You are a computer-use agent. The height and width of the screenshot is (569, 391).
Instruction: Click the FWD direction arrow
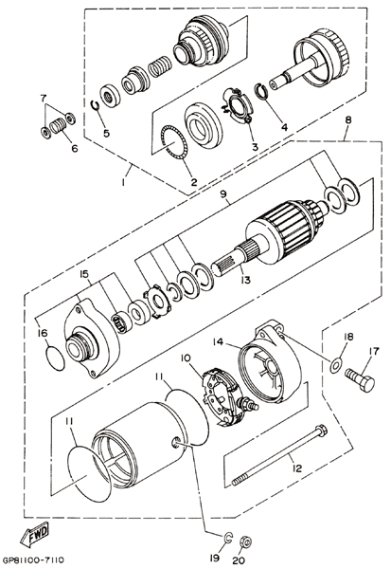pyautogui.click(x=34, y=534)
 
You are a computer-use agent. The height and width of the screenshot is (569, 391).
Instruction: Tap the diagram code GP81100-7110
pyautogui.click(x=36, y=560)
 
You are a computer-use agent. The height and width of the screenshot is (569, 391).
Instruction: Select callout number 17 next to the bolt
pyautogui.click(x=374, y=351)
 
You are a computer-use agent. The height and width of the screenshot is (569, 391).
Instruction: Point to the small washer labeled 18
pyautogui.click(x=335, y=364)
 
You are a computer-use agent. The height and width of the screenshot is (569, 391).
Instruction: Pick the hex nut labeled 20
pyautogui.click(x=246, y=542)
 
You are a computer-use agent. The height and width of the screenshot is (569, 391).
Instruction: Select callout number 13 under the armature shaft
pyautogui.click(x=245, y=280)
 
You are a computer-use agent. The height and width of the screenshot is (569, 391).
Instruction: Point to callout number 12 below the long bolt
pyautogui.click(x=296, y=468)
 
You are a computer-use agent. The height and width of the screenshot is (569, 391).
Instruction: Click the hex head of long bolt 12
pyautogui.click(x=322, y=430)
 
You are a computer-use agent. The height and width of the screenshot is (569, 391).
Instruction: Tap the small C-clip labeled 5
pyautogui.click(x=95, y=105)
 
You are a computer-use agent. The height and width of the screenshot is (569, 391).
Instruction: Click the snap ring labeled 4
pyautogui.click(x=263, y=91)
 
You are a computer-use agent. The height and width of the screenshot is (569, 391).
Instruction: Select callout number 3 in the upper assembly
pyautogui.click(x=255, y=147)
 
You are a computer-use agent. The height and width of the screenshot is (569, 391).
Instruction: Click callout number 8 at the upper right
pyautogui.click(x=348, y=120)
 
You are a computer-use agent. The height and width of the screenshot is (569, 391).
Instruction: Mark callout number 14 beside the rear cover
pyautogui.click(x=219, y=342)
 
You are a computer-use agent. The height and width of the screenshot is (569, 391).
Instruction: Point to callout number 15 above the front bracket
pyautogui.click(x=84, y=274)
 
